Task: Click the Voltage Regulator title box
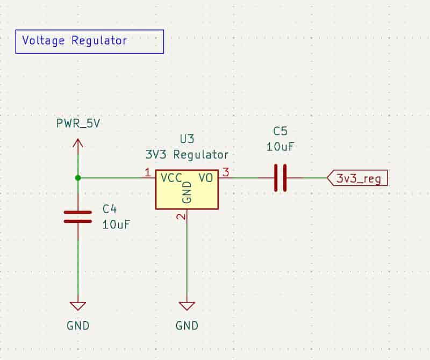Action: [x=89, y=41]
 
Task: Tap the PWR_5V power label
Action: [x=78, y=123]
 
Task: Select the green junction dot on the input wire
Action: [x=78, y=177]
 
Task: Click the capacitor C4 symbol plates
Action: [x=78, y=217]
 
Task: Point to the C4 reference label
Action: [x=110, y=209]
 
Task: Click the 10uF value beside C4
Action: [x=116, y=225]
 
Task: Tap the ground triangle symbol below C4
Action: [x=78, y=306]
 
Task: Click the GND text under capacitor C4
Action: [x=78, y=326]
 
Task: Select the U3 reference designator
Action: [x=187, y=139]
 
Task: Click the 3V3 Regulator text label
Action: [x=187, y=155]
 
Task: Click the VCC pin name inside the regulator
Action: [x=170, y=177]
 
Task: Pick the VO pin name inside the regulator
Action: [x=205, y=177]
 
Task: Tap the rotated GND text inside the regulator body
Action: [x=187, y=192]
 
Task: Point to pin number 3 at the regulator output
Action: [x=226, y=172]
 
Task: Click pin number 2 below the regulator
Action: [x=181, y=217]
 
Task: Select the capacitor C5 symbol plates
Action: [x=279, y=178]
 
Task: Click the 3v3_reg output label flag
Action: [x=357, y=178]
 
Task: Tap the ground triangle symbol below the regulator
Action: [x=187, y=306]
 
